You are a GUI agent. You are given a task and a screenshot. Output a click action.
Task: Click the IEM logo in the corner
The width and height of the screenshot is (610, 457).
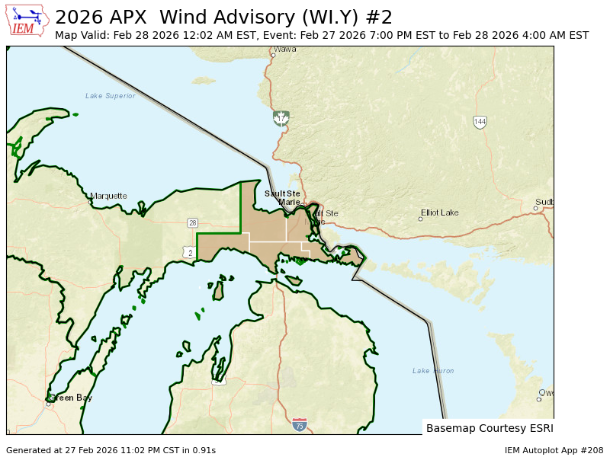coord(28,20)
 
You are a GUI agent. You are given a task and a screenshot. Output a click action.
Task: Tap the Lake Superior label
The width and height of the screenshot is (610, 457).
coord(110,96)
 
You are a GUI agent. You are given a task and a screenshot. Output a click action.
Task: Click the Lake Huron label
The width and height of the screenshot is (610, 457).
coord(433,371)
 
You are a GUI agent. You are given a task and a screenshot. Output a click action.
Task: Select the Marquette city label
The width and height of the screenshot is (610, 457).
coord(108,196)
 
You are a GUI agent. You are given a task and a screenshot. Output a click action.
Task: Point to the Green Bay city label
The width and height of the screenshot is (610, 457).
coord(72,398)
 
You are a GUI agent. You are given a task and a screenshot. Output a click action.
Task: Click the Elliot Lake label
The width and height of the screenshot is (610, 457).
coord(440,213)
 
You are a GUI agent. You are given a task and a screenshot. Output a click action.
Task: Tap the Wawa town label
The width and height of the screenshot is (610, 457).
coord(284,49)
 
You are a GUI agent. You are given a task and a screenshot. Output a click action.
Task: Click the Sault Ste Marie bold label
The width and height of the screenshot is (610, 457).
coord(283,197)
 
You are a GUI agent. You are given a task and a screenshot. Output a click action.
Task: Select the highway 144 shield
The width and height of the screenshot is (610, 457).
coord(480,122)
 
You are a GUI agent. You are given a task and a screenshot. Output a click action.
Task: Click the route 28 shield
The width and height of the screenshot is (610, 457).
coord(193,222)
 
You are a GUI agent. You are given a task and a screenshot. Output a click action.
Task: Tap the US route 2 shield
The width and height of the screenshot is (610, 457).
coord(188,252)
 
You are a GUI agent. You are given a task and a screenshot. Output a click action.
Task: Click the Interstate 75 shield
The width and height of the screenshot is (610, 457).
coord(300,424)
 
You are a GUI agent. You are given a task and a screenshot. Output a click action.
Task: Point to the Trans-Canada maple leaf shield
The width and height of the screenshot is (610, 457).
coord(281,118)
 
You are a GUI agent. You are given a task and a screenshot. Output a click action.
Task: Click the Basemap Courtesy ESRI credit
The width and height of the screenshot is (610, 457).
coord(489,428)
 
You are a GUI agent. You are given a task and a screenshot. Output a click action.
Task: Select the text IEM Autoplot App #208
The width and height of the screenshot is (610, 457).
coord(554,450)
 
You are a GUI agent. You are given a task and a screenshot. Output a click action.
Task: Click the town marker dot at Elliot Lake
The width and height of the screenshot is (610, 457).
coord(420,219)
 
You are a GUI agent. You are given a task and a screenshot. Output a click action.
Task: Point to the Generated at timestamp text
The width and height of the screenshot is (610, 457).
coord(111,450)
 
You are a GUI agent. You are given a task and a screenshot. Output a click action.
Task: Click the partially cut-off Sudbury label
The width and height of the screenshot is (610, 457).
coord(544,202)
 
